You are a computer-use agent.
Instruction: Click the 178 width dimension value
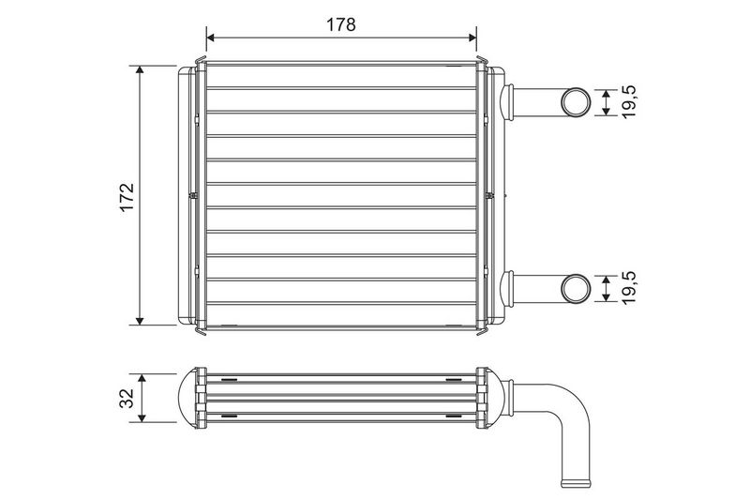pos(341,24)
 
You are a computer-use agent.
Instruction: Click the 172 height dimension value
pos(127,197)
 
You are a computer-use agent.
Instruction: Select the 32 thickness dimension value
pos(127,398)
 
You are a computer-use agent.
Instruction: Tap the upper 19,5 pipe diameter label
pos(629,102)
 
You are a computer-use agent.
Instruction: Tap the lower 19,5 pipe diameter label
pos(629,288)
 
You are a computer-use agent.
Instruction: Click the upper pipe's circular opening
pos(575,102)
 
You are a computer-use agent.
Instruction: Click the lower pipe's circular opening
pos(575,288)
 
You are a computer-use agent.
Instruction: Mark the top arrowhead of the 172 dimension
pos(140,70)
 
